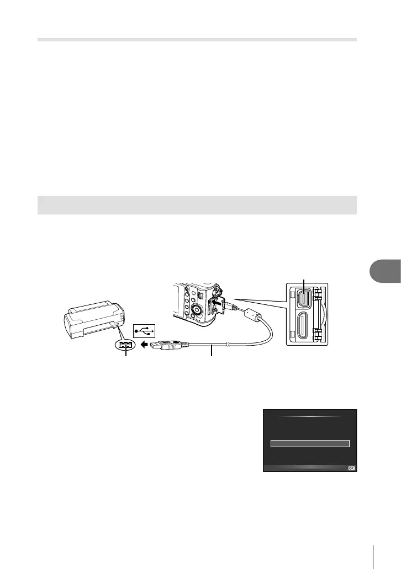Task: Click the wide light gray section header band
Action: [197, 205]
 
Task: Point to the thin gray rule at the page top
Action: [197, 40]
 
